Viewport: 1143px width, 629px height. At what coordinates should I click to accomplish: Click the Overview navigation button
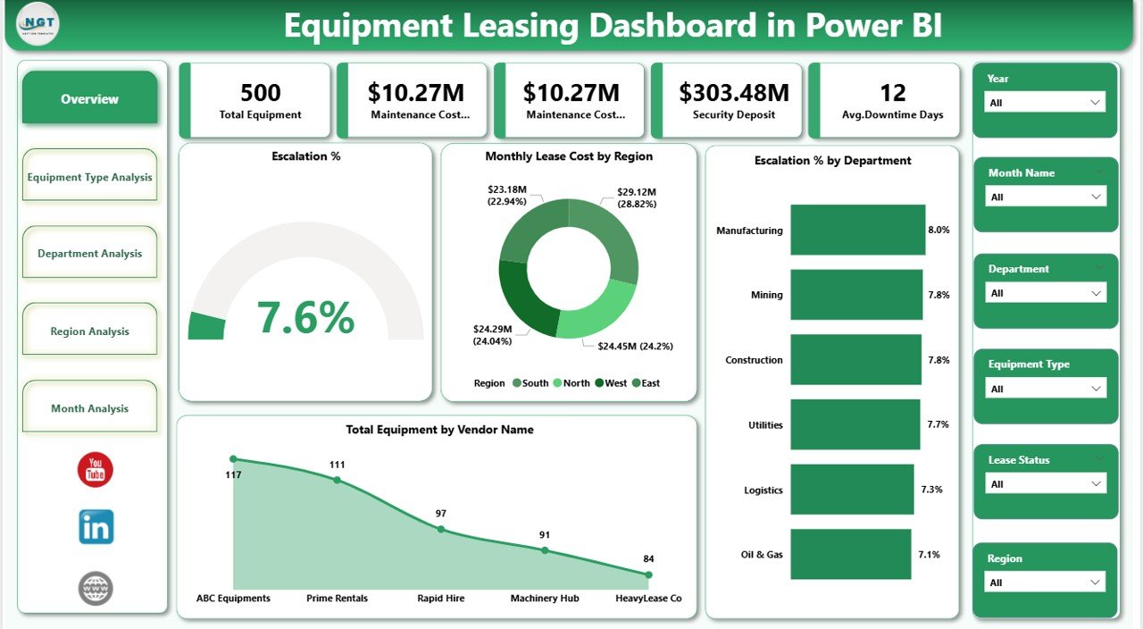[89, 99]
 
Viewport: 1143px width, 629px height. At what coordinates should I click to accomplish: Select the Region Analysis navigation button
[89, 331]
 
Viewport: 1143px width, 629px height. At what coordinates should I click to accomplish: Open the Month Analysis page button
[89, 408]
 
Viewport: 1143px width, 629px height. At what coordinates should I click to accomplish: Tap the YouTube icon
[96, 470]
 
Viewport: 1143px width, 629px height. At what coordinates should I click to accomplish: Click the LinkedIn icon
[96, 527]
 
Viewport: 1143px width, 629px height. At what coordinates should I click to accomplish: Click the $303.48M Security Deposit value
[734, 93]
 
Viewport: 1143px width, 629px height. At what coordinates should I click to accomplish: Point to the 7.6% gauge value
[305, 316]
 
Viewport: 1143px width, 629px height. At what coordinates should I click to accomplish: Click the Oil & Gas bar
[850, 554]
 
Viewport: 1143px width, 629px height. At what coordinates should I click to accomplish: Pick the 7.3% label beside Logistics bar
[931, 490]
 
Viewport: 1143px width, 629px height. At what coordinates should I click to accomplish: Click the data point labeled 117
[234, 459]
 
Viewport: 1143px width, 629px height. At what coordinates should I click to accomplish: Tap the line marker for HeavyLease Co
[648, 574]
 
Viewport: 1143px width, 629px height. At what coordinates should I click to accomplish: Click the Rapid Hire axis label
[440, 598]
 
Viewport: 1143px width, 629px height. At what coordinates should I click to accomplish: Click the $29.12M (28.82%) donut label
[637, 197]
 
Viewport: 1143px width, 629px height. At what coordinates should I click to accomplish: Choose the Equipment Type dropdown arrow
[1096, 389]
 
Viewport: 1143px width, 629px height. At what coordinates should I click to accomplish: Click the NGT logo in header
[38, 24]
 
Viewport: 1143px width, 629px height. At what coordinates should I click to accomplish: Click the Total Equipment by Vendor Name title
[439, 430]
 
